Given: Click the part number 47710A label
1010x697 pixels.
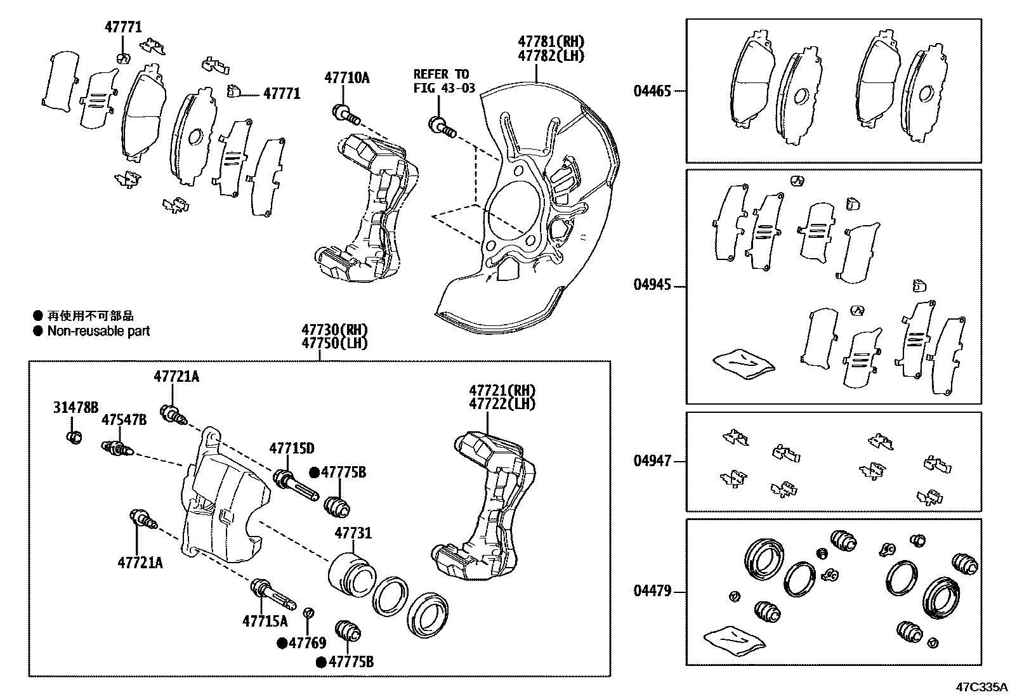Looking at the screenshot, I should [x=346, y=78].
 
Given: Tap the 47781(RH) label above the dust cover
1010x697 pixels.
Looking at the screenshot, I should [x=551, y=42].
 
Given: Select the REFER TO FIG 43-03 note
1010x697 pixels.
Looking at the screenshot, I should [x=444, y=81].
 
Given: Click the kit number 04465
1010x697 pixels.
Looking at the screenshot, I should [x=652, y=91].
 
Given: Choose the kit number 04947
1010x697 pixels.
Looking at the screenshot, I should [x=652, y=461].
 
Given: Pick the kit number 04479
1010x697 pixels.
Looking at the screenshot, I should [x=652, y=592].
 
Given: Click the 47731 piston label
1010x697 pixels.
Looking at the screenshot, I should [x=353, y=534].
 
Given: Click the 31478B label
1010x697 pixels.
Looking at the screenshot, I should [x=75, y=407].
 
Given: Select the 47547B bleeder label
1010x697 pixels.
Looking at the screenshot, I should [x=124, y=420].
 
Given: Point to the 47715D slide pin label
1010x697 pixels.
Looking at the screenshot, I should [x=291, y=449].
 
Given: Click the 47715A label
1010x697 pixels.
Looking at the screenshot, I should [x=265, y=621].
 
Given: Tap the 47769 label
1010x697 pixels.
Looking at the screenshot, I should [x=307, y=643].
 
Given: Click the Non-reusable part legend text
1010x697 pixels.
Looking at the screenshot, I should [x=98, y=331].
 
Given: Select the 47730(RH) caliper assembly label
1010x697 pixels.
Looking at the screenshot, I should [x=334, y=330].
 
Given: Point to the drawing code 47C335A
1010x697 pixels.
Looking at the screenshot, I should [x=981, y=687].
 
